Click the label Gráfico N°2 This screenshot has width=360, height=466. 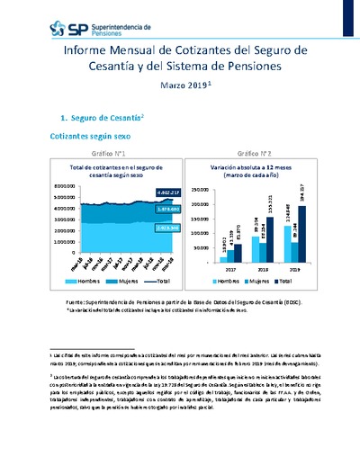[247, 155]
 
